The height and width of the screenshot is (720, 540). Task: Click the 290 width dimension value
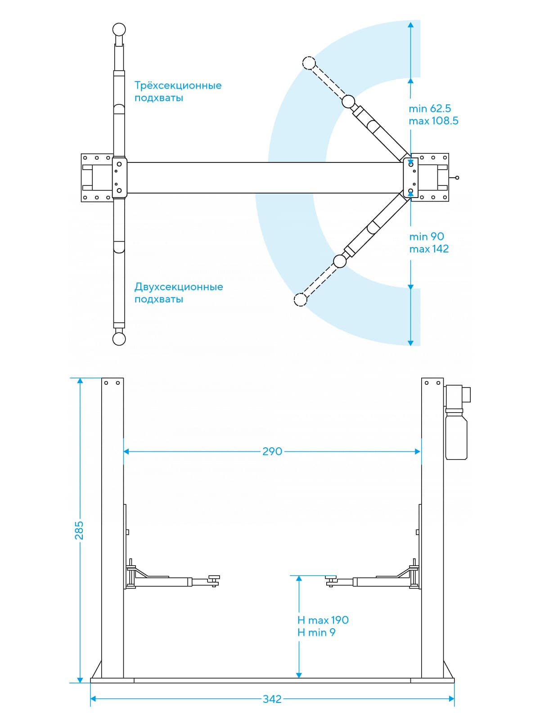click(x=272, y=451)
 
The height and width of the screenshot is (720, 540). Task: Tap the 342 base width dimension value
click(x=272, y=699)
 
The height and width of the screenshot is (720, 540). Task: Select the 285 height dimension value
click(x=79, y=530)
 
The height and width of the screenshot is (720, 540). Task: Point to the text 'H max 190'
click(x=323, y=620)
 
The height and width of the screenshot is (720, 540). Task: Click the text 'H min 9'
click(x=316, y=633)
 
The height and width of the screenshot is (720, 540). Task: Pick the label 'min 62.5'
click(x=430, y=108)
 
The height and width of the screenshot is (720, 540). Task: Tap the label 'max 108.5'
click(x=433, y=121)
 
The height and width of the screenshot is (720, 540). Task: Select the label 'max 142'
click(x=429, y=249)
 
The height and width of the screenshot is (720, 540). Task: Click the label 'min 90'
click(x=427, y=237)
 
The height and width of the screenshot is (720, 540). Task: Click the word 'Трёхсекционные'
click(x=178, y=85)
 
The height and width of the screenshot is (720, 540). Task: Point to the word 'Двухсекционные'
click(x=179, y=287)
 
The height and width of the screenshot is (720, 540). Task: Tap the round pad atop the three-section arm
click(x=119, y=30)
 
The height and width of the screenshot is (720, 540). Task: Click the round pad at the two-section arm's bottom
click(x=119, y=339)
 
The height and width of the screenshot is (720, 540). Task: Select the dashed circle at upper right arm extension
click(x=309, y=63)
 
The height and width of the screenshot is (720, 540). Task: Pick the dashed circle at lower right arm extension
click(x=300, y=299)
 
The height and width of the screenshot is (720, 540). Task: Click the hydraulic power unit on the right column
click(x=456, y=423)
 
